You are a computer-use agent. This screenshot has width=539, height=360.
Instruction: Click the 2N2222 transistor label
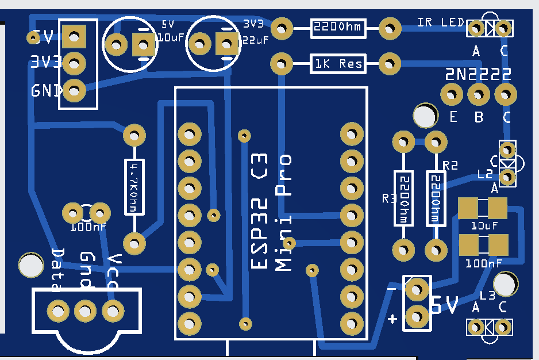pyautogui.click(x=479, y=74)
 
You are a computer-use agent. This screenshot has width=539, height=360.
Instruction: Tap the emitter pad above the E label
pyautogui.click(x=451, y=93)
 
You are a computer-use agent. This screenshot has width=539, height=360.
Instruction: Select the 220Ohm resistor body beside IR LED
pyautogui.click(x=338, y=28)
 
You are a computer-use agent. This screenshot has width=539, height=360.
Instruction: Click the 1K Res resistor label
pyautogui.click(x=338, y=64)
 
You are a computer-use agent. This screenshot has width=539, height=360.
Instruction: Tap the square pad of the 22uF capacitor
pyautogui.click(x=226, y=43)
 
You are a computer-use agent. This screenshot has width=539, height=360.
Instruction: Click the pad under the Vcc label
pyautogui.click(x=113, y=311)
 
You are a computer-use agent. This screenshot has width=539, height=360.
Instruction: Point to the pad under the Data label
pyautogui.click(x=57, y=311)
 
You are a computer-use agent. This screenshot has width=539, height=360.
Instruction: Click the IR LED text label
pyautogui.click(x=440, y=22)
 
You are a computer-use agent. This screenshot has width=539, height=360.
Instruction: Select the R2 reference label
pyautogui.click(x=450, y=166)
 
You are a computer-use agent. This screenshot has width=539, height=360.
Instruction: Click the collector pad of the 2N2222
pyautogui.click(x=505, y=93)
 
